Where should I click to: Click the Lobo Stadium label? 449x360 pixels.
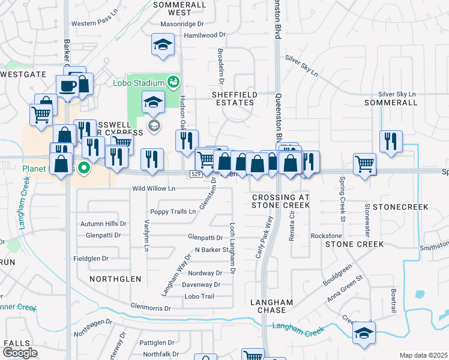(x=138, y=83)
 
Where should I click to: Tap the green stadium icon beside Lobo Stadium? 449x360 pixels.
(x=173, y=80)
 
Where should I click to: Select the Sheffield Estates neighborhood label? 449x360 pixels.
(x=234, y=99)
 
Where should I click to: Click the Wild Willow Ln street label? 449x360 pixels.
(x=154, y=189)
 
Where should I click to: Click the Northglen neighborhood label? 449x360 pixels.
(x=115, y=279)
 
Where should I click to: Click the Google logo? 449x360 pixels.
(x=20, y=352)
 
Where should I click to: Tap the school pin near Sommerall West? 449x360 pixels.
(x=162, y=45)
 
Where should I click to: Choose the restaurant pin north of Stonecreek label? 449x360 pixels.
(x=391, y=142)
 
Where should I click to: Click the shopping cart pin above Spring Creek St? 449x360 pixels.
(x=364, y=164)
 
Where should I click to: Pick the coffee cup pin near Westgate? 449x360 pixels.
(x=67, y=85)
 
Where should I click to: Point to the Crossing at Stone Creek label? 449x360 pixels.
(x=280, y=201)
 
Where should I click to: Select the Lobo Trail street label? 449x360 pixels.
(x=199, y=296)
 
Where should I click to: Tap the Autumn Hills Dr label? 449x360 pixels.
(x=104, y=224)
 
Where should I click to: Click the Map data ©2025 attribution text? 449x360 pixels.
(x=423, y=355)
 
